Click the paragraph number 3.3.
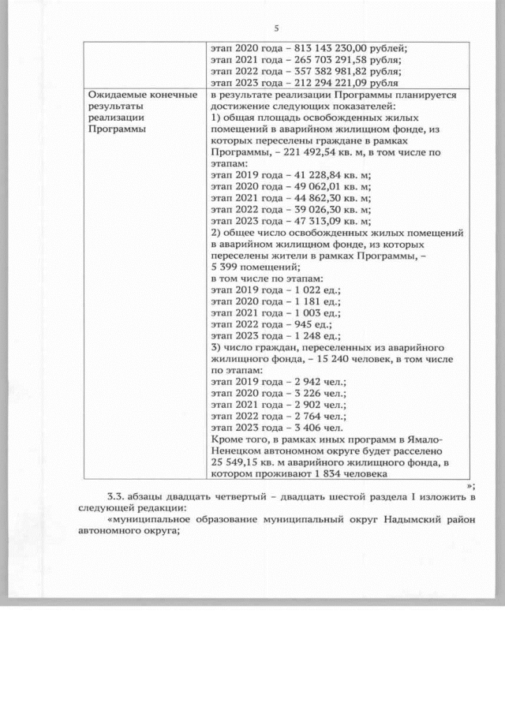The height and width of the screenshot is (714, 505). pos(116,495)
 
